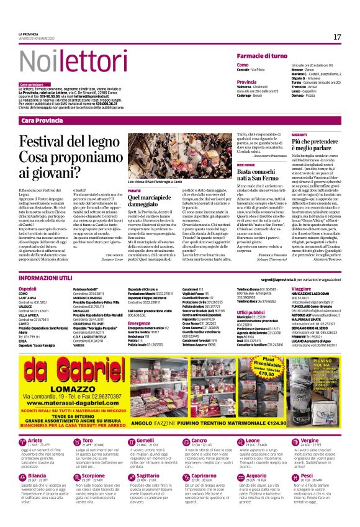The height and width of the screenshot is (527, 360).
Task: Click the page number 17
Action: tap(337, 37)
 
